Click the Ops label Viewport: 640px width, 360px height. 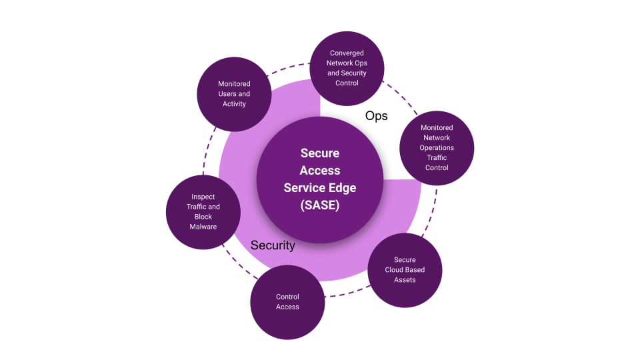click(x=376, y=116)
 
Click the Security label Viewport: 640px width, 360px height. click(x=273, y=245)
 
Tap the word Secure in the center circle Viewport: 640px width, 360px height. click(x=320, y=153)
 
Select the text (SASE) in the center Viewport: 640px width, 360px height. click(x=320, y=205)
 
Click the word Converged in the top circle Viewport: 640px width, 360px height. click(x=347, y=53)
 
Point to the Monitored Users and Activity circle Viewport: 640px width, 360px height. click(x=235, y=93)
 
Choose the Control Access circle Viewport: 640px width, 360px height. click(x=287, y=302)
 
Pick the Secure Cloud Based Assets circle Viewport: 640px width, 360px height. click(x=405, y=270)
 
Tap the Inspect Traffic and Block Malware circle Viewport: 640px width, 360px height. click(x=203, y=212)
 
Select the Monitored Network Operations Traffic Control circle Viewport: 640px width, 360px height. click(x=437, y=147)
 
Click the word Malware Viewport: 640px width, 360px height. click(x=203, y=227)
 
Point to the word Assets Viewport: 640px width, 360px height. click(x=405, y=280)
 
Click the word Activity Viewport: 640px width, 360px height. click(x=235, y=104)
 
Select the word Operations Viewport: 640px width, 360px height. click(x=437, y=147)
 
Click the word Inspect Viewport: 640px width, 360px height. click(x=203, y=197)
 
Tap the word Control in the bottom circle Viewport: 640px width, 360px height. click(x=287, y=297)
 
